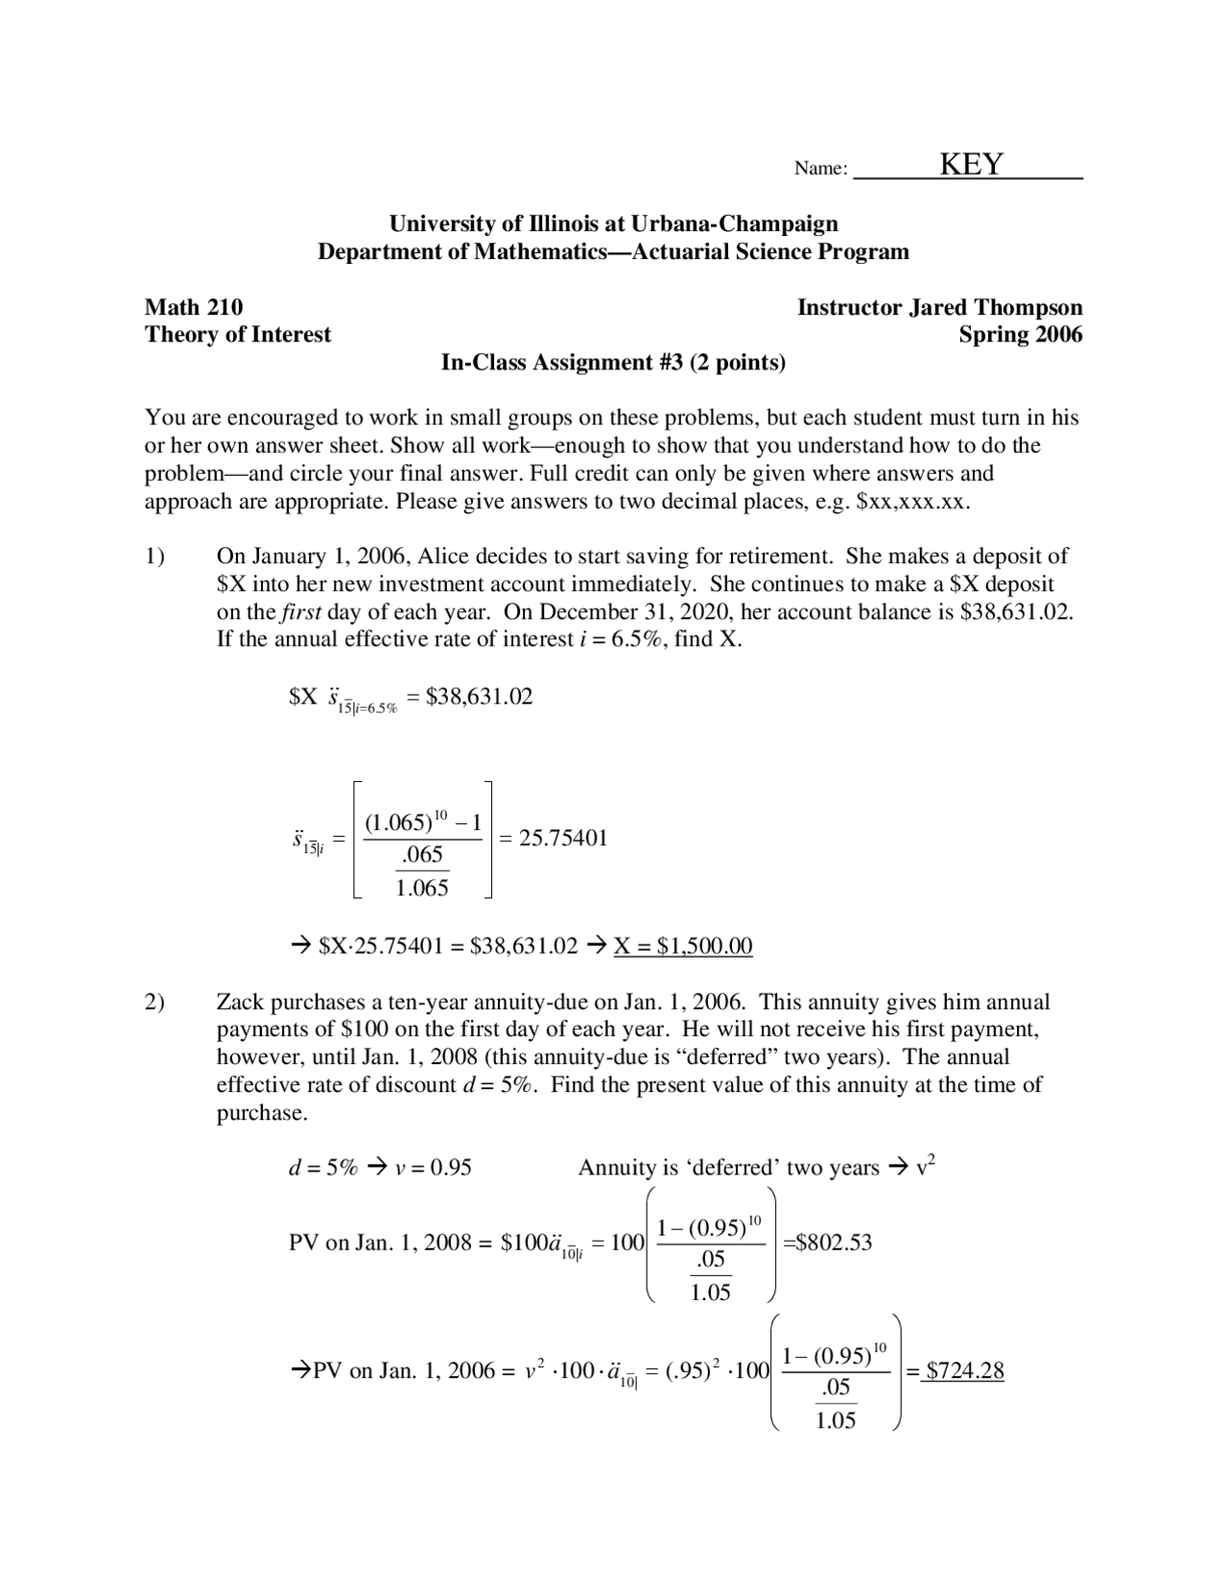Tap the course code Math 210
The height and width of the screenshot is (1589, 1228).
click(194, 307)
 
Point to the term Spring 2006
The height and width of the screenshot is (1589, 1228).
click(1020, 334)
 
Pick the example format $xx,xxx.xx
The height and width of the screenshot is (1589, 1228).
click(910, 502)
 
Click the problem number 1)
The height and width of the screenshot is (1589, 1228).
click(155, 557)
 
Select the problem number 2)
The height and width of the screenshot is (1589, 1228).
click(155, 1003)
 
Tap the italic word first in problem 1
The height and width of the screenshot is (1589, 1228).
click(301, 612)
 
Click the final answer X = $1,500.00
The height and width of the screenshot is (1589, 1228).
click(683, 946)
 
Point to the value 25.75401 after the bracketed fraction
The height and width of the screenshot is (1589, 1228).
click(563, 838)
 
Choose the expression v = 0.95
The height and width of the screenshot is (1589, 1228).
click(434, 1168)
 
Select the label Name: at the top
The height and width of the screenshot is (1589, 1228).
click(821, 169)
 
